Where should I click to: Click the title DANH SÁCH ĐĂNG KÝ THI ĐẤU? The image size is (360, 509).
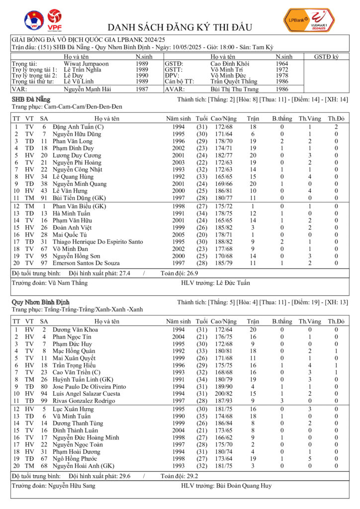tap(180, 27)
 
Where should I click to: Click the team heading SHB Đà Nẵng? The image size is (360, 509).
tap(31, 99)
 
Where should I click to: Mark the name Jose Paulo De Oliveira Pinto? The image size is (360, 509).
tap(89, 387)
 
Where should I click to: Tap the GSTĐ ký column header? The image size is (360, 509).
tap(326, 57)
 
